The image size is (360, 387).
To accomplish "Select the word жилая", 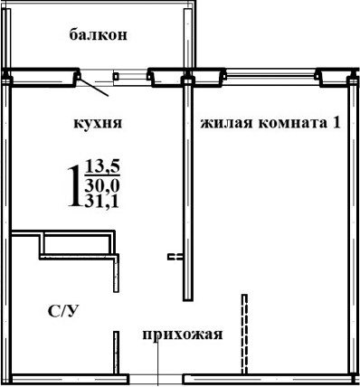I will [x=222, y=122].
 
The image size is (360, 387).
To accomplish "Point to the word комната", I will [x=290, y=122].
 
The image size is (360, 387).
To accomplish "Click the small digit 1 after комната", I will [x=336, y=122].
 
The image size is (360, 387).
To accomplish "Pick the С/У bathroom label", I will [x=62, y=311].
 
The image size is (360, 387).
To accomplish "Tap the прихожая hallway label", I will [x=182, y=335].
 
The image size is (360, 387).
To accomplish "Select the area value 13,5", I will [x=103, y=165].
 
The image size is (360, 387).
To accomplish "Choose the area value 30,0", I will [x=103, y=185].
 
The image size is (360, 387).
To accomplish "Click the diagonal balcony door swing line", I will [x=94, y=87].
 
